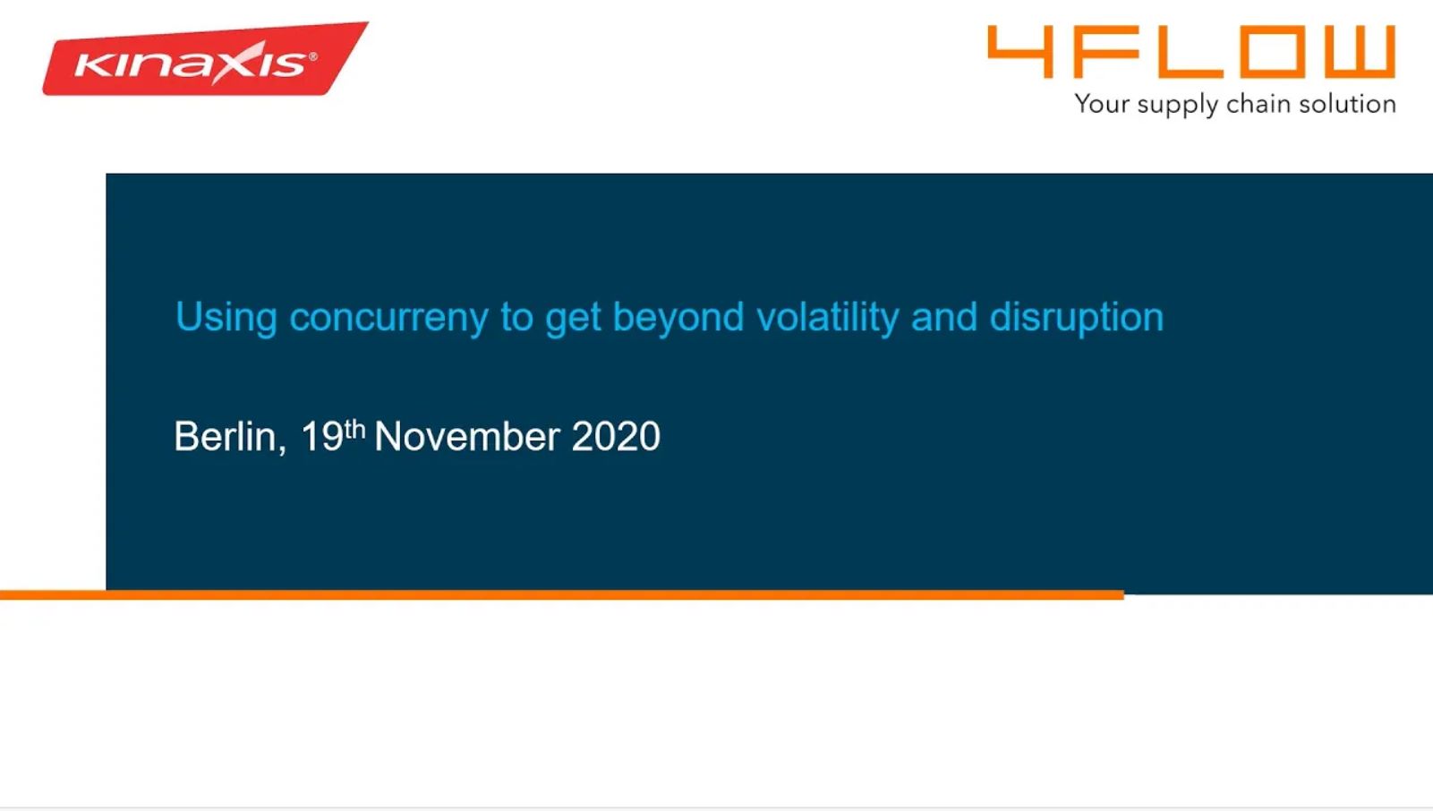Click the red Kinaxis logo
(205, 59)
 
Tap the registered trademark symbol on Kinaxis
(313, 57)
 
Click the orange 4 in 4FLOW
(1021, 52)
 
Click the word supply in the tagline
(1177, 105)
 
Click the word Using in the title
(226, 318)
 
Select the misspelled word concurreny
(388, 318)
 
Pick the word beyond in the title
(678, 317)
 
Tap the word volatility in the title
(828, 317)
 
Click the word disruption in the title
(1077, 317)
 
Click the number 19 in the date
(322, 437)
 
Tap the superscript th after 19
(354, 429)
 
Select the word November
(467, 437)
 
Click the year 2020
(616, 437)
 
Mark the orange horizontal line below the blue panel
(562, 594)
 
